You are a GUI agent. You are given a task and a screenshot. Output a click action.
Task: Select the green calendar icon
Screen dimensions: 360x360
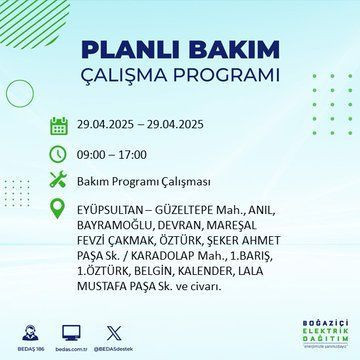click(x=59, y=127)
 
